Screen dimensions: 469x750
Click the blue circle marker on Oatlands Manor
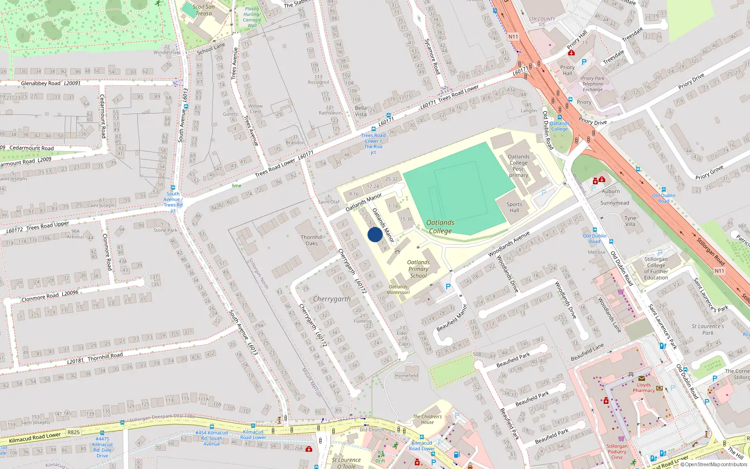(375, 234)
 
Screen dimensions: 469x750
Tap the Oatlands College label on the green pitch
(440, 227)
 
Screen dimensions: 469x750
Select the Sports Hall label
(514, 207)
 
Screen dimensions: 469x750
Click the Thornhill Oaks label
(312, 240)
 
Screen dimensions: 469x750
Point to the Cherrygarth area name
(331, 299)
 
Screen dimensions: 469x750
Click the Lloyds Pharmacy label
(644, 387)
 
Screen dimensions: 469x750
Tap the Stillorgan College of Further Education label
(656, 268)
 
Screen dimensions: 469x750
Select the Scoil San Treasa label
(203, 10)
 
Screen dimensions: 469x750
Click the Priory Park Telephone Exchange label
(592, 84)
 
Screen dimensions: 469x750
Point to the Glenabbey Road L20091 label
(51, 83)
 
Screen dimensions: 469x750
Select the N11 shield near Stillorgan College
(719, 271)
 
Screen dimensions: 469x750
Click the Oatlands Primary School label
(418, 269)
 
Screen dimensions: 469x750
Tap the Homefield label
(406, 376)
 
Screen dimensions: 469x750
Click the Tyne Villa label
(630, 221)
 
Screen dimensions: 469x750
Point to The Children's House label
(427, 419)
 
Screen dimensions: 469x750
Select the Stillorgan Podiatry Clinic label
(617, 452)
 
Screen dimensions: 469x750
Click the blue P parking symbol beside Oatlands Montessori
(448, 287)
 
